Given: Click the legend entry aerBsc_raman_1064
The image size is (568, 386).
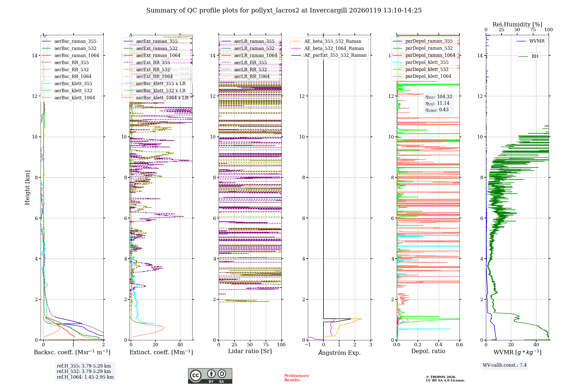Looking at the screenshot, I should pos(77,55).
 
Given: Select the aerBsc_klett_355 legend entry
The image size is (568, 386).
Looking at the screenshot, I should pos(73,83).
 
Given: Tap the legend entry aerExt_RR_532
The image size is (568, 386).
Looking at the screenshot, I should pos(153,70).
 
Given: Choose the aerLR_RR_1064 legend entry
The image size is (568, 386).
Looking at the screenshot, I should pos(252,76).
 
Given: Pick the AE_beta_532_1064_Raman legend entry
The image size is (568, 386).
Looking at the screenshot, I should pos(334,48).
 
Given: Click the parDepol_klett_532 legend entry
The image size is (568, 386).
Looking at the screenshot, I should pos(427,69).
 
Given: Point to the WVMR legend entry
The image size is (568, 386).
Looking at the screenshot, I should pos(537,41).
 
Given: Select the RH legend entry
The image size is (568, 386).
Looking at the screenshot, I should pos(535,56).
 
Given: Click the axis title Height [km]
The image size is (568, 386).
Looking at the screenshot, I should pos(27,188).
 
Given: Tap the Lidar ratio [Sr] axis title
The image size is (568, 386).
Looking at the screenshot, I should pos(250,351).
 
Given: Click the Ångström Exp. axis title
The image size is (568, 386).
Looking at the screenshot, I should pos(339,353).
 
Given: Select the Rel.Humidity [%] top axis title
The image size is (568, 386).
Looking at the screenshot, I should pos(517,24).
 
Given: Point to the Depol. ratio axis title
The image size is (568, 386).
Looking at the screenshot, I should pos(428,351).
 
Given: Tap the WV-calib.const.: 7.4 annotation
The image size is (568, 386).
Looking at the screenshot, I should pos(505,365).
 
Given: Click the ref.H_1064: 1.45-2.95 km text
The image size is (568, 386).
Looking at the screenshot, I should pos(85,377).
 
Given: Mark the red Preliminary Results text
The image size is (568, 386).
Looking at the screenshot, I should pos(296,378).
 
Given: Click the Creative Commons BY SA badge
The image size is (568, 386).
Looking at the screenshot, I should pos(210,376).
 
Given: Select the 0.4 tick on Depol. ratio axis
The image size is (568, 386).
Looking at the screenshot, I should pos(438,345).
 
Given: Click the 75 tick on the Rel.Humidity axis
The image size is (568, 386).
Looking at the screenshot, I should pos(533,30).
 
